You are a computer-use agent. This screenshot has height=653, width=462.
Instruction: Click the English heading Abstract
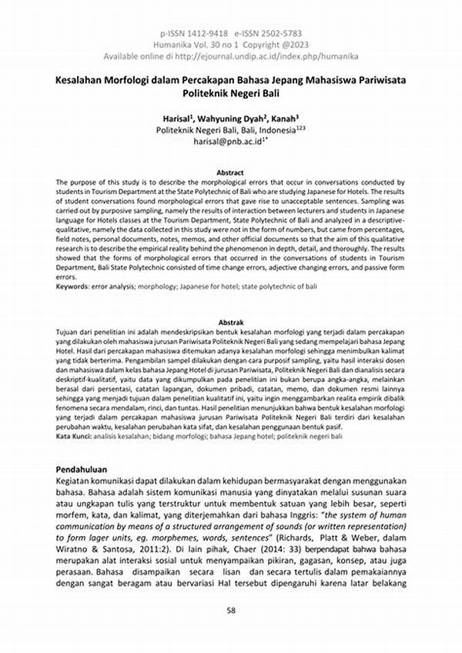230,172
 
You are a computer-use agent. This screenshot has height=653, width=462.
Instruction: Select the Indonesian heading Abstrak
230,323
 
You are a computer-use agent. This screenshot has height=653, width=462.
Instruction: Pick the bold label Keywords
73,286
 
